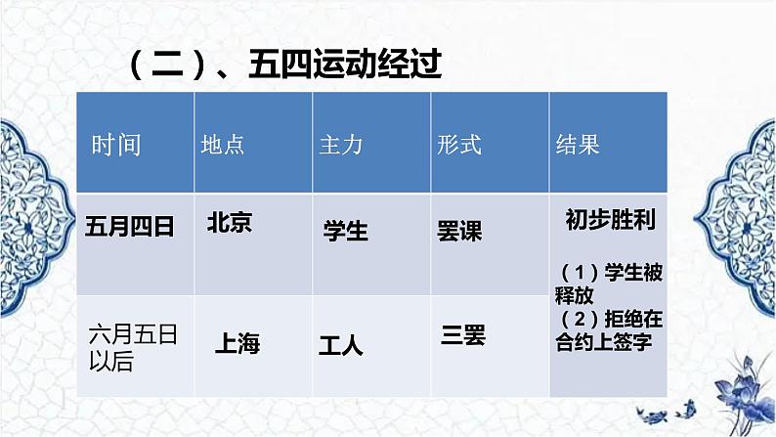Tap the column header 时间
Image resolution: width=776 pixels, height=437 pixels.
tap(116, 145)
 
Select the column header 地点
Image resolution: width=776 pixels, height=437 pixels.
tap(222, 145)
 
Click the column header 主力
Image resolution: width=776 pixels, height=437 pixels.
tap(341, 145)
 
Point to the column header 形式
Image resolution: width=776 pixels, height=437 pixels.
tap(459, 145)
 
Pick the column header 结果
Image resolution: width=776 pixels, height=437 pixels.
tap(578, 145)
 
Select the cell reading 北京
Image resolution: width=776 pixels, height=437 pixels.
tap(230, 223)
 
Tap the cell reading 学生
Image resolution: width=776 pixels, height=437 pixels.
tap(345, 231)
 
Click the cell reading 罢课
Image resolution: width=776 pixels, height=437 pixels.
tap(459, 231)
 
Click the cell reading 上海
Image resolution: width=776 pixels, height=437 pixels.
tap(237, 344)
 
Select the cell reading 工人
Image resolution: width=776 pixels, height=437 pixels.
tap(340, 345)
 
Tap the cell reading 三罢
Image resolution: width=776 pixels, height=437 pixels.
tap(463, 334)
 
